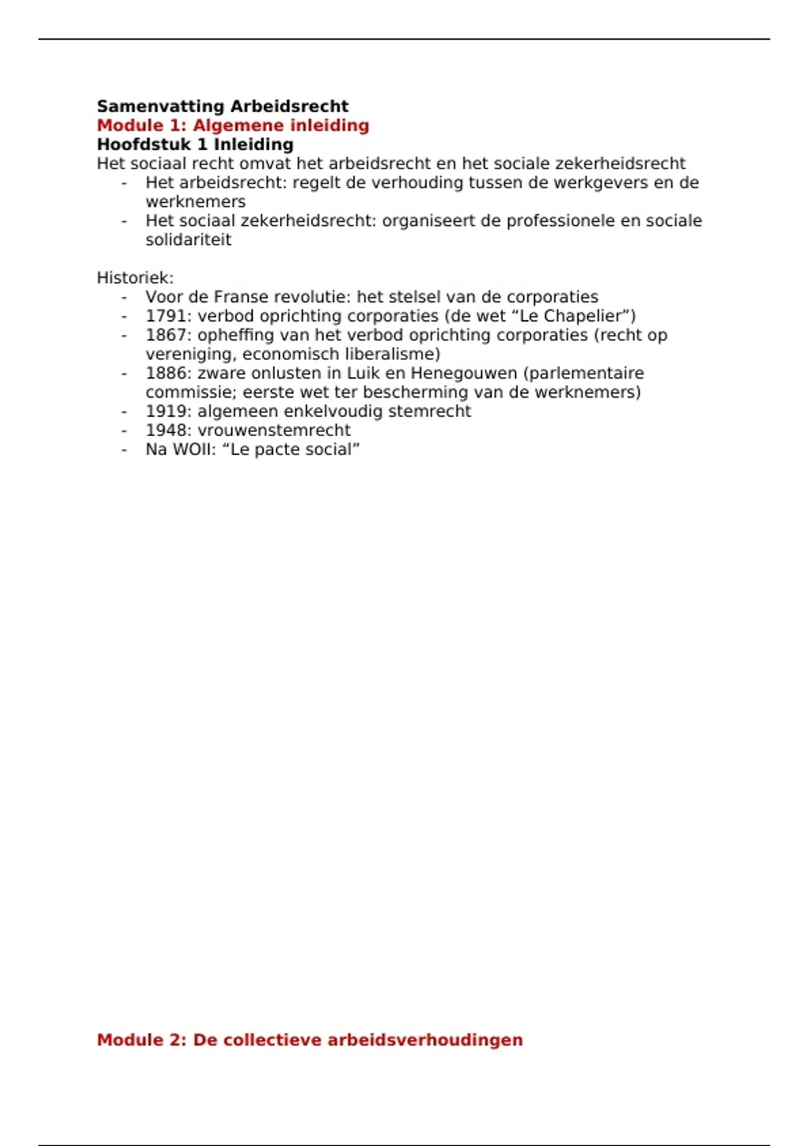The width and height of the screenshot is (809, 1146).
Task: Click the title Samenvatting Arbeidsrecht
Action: tap(222, 107)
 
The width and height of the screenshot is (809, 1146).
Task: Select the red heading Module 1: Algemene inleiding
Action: tap(233, 125)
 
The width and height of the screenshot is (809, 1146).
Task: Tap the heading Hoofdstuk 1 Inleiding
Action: tap(195, 144)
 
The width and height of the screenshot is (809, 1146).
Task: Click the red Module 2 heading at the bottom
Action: tap(309, 1039)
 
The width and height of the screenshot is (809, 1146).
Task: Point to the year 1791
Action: tap(165, 316)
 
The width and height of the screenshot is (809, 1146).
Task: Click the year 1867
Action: tap(165, 335)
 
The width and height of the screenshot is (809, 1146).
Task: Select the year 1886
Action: tap(165, 373)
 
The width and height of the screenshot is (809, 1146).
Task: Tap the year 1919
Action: tap(165, 411)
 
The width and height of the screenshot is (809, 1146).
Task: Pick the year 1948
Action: tap(165, 430)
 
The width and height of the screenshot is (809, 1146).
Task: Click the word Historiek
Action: tap(135, 278)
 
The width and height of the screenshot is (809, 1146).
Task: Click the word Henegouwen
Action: tap(464, 373)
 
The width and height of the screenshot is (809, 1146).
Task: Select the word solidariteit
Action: tap(188, 240)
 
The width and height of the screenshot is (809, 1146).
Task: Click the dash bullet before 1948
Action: tap(124, 430)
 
